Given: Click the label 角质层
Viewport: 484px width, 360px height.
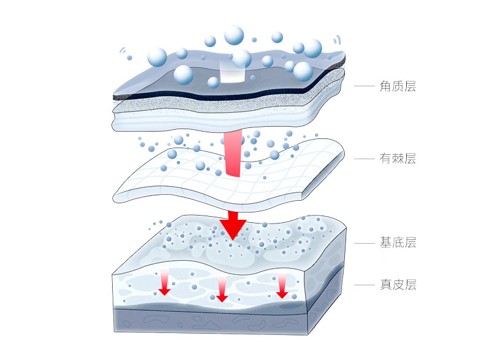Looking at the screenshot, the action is tap(398, 87).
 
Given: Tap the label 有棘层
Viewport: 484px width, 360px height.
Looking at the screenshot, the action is tap(398, 159).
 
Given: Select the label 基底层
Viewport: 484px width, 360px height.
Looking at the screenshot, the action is tap(398, 242).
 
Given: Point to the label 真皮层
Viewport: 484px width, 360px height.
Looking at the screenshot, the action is tap(398, 285).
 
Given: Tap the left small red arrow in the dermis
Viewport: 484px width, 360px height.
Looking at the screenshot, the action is tap(164, 283).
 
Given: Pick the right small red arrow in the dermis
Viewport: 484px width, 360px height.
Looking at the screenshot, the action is tap(282, 286).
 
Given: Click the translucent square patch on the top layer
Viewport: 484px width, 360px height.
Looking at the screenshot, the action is tap(232, 71).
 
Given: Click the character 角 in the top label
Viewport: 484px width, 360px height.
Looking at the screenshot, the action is tap(386, 87).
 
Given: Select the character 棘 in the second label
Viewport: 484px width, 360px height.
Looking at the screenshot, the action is tap(398, 159).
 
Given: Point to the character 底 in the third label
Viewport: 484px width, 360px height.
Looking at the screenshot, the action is tap(398, 242).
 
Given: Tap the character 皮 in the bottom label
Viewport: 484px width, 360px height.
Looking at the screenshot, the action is tap(398, 285).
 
